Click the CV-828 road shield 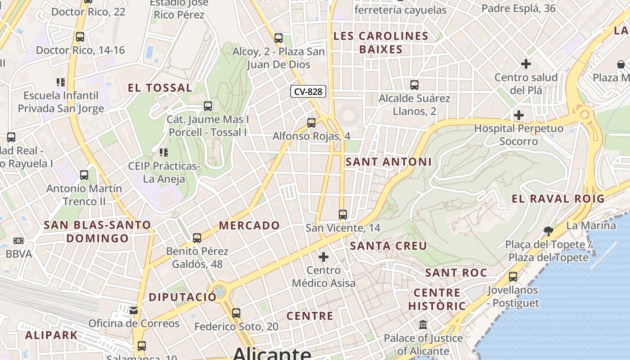(x=308, y=92)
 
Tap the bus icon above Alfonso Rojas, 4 (x=311, y=122)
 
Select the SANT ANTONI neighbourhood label (x=388, y=162)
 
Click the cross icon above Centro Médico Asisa (x=324, y=257)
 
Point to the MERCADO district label (x=249, y=225)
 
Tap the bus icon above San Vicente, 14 (x=343, y=215)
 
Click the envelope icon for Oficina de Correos (x=134, y=310)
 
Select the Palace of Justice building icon (x=423, y=324)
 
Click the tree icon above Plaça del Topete (x=548, y=231)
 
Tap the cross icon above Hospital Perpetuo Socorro (x=519, y=115)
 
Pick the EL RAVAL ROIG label (x=558, y=198)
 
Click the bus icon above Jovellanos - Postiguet (x=513, y=277)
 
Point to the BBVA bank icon (x=18, y=241)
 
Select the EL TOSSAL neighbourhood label (x=160, y=88)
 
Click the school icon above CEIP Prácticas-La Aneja (x=163, y=153)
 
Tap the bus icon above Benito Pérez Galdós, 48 (x=197, y=238)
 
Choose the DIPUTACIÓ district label (x=182, y=297)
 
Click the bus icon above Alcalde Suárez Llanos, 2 (x=414, y=85)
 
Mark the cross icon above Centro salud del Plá (x=526, y=64)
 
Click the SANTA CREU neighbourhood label (x=388, y=246)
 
